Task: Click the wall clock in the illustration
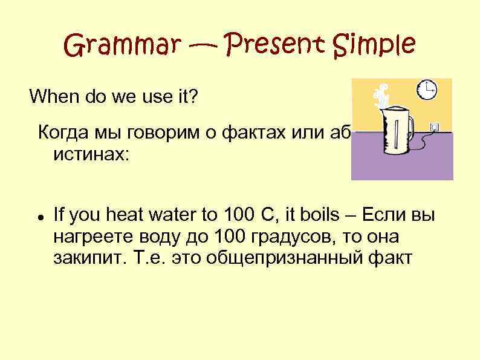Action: tap(428, 90)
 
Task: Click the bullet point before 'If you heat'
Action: tap(38, 215)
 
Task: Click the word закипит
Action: tap(80, 258)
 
